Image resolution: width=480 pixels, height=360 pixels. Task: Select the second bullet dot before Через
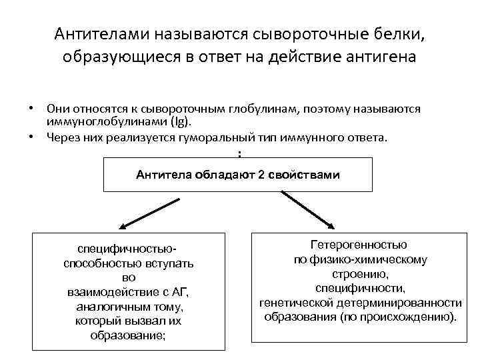(x=31, y=137)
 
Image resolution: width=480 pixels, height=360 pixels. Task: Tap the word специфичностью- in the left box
(x=128, y=249)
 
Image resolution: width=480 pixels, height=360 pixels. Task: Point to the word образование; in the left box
(x=128, y=335)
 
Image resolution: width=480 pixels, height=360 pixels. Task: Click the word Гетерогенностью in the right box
(x=359, y=245)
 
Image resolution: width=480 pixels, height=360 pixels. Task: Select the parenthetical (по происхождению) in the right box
(x=398, y=317)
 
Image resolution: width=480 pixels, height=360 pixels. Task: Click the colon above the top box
(x=239, y=154)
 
